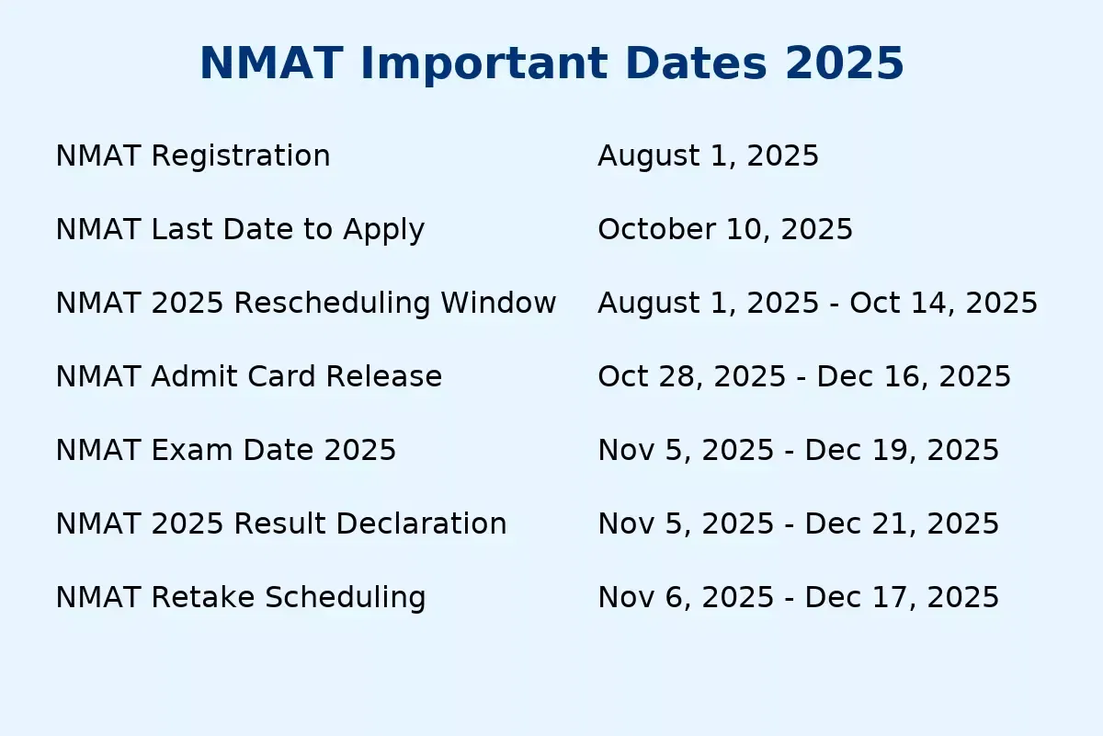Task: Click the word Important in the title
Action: (484, 65)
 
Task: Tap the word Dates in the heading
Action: (697, 63)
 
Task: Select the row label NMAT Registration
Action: (193, 155)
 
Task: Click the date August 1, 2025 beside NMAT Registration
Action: (708, 156)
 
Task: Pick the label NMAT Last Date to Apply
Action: (240, 230)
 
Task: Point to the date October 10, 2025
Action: (725, 230)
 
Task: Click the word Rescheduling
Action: (333, 303)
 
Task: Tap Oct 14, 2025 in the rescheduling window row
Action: (943, 303)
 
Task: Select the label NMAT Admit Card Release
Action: (249, 376)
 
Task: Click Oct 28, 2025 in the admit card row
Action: (692, 376)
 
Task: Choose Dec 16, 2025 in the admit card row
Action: (914, 376)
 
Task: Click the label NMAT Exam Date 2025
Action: (226, 450)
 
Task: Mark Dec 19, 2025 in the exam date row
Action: (902, 450)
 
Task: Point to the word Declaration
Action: (422, 523)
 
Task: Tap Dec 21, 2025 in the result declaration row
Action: (902, 523)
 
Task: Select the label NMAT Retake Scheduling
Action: (241, 598)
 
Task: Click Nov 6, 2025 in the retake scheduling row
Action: (686, 597)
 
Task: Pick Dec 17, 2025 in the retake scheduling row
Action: (902, 597)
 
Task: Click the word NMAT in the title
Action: (271, 63)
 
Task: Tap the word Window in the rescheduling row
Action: (498, 303)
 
